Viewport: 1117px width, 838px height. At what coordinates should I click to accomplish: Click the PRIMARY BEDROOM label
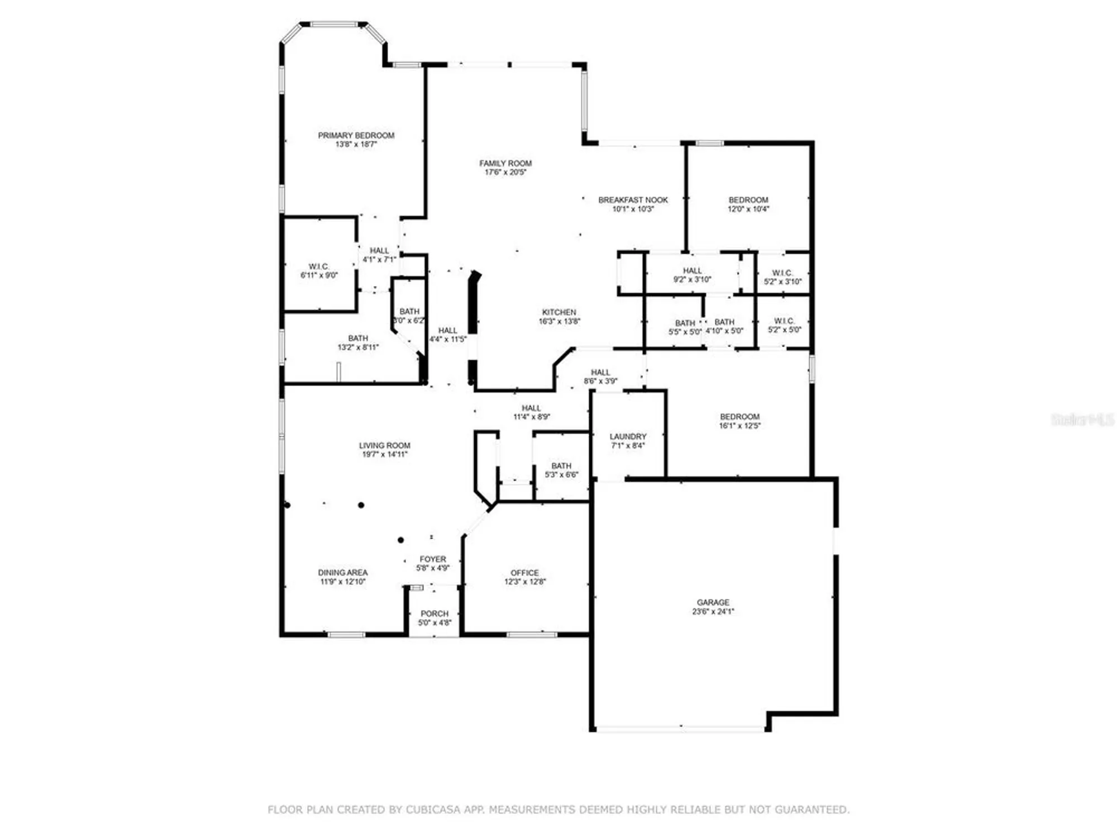tap(356, 135)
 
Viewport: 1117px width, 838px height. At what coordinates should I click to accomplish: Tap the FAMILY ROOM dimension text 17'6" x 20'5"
tap(505, 173)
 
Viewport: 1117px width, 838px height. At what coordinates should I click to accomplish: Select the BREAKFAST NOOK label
tap(633, 200)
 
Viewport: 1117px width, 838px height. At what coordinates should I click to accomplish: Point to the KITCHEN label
tap(558, 312)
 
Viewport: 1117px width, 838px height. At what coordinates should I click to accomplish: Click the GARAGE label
tap(713, 602)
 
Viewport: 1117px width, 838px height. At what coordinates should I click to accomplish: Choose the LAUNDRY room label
tap(628, 436)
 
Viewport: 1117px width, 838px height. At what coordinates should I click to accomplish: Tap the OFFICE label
tap(524, 573)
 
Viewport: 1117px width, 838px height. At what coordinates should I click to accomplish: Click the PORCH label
tap(435, 613)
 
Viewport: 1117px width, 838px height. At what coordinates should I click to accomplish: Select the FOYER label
tap(433, 559)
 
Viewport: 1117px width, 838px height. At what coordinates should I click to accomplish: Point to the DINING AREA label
tap(342, 573)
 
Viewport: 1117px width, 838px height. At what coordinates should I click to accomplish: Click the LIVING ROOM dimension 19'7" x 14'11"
tap(384, 455)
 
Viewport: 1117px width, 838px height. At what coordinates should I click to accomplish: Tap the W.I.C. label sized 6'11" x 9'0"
tap(319, 266)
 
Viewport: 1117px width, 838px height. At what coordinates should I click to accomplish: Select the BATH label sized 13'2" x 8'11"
tap(358, 338)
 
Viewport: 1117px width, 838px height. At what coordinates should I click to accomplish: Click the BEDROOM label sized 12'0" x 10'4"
tap(748, 200)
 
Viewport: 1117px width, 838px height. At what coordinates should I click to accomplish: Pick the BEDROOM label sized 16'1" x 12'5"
tap(739, 417)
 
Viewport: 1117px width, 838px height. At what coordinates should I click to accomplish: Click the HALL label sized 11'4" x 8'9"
tap(531, 408)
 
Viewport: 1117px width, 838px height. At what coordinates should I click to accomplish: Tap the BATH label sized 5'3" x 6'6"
tap(561, 466)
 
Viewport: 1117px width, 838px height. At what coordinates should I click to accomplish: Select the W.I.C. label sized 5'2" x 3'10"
tap(782, 273)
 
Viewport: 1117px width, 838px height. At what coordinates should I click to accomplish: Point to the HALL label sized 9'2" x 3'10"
tap(692, 270)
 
